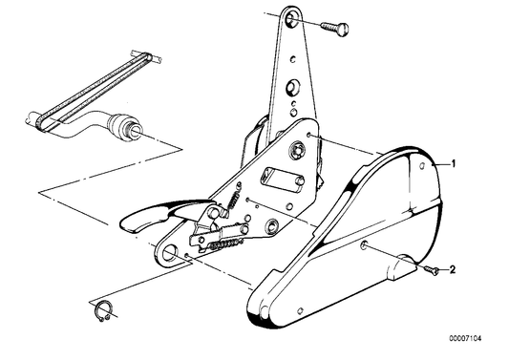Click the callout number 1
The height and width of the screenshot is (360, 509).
[x=454, y=164]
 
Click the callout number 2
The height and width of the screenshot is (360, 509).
[x=453, y=269]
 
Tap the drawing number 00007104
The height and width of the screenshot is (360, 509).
[x=465, y=339]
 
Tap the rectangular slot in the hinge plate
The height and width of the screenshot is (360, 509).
[x=282, y=180]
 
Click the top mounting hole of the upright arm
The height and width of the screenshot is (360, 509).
[x=289, y=20]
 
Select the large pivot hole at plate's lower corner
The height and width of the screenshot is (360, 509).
[x=169, y=253]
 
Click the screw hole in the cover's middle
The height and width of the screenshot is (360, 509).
[x=364, y=245]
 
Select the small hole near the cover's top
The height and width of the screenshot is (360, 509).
[x=422, y=166]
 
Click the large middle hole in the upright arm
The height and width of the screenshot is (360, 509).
[x=292, y=87]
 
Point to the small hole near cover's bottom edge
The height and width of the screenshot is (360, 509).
[x=301, y=311]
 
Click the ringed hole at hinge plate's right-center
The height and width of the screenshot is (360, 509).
[x=271, y=226]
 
